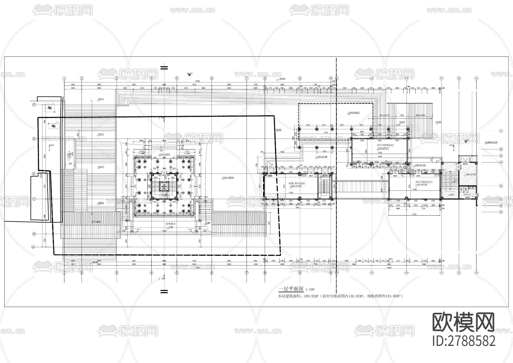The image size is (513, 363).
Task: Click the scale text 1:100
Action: tap(310, 290)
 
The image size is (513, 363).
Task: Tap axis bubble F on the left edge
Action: tap(34, 105)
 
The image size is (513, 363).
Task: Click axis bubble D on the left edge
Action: tap(34, 174)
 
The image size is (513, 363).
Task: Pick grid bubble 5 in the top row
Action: tap(177, 78)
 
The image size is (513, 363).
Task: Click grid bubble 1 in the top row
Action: tap(64, 78)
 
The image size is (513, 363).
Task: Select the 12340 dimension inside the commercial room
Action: tap(291, 193)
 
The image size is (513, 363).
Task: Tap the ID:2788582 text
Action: tap(464, 341)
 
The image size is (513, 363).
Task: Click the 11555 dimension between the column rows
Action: tap(326, 133)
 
